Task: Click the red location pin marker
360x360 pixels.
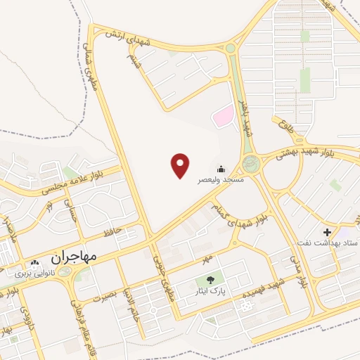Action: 181,165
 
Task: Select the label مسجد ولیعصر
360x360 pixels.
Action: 219,181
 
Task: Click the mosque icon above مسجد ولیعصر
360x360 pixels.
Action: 221,169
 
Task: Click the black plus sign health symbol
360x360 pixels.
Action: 327,232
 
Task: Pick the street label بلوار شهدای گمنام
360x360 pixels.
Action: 243,214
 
